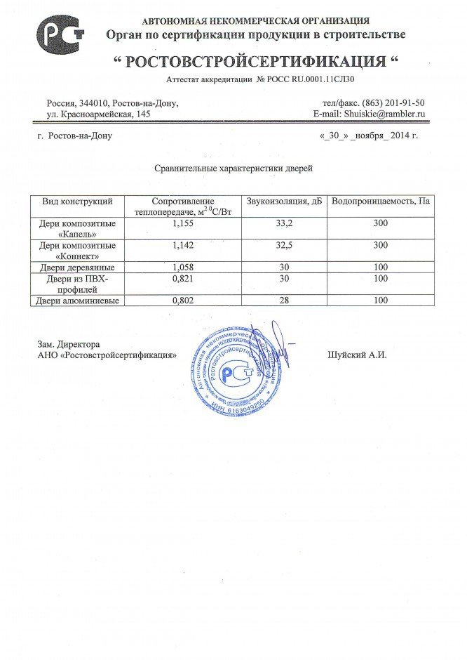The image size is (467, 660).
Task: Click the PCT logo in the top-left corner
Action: click(x=60, y=34)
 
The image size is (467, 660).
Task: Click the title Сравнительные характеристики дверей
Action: click(x=233, y=169)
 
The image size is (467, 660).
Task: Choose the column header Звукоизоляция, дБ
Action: click(x=283, y=202)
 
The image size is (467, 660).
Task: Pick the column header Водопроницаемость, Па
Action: click(x=381, y=202)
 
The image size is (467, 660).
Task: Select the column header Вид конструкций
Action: click(x=77, y=202)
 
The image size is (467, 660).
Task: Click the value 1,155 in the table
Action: click(x=182, y=223)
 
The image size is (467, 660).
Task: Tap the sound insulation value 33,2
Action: click(x=283, y=223)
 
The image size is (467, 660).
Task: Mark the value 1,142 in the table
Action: click(x=182, y=246)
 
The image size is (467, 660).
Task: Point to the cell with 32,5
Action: click(x=283, y=246)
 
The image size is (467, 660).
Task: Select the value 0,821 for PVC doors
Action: click(x=182, y=279)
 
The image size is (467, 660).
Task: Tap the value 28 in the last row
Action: click(x=283, y=301)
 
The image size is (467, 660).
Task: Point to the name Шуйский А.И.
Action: click(x=357, y=355)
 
